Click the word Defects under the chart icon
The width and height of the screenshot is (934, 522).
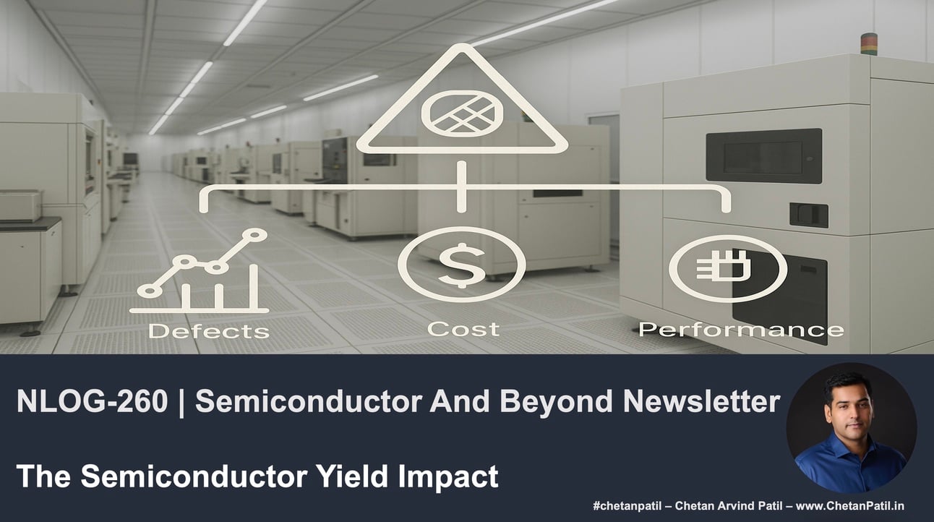click(x=208, y=331)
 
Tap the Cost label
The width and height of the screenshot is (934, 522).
click(x=463, y=330)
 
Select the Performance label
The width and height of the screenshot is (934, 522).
click(x=740, y=330)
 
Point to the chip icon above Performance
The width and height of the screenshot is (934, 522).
click(x=728, y=268)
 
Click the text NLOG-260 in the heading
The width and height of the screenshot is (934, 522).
click(x=91, y=403)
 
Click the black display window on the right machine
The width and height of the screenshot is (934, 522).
click(x=763, y=155)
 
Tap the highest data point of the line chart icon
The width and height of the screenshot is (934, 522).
click(x=257, y=234)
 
